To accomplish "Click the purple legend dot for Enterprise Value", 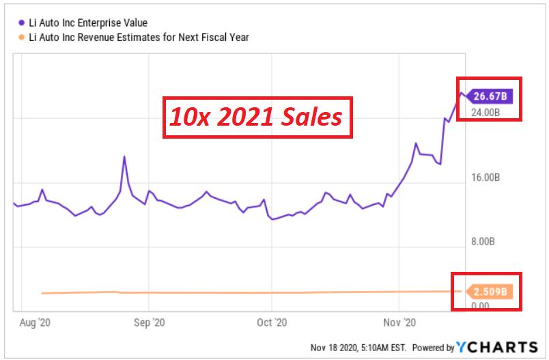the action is click(x=22, y=23).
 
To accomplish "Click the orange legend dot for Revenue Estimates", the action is click(x=22, y=37).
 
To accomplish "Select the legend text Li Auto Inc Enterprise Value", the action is click(x=88, y=23).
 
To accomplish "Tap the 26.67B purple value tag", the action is click(x=489, y=96).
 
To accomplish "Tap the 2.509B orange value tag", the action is click(x=489, y=292).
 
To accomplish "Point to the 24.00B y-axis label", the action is click(x=485, y=113).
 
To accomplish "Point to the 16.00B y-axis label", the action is click(x=485, y=177).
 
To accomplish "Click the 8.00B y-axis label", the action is click(x=483, y=241).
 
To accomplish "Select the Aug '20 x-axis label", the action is click(x=35, y=322).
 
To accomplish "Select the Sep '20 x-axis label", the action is click(x=149, y=322).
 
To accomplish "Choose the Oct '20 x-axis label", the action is click(x=272, y=322).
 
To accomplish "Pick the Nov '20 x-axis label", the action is click(x=399, y=322).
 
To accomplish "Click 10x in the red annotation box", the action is click(x=189, y=117).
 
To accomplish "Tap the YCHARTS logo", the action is click(x=497, y=347).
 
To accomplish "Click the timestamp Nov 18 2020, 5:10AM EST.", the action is click(x=358, y=348).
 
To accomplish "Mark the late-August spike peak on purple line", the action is click(x=124, y=156).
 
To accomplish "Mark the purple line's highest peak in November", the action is click(x=462, y=93).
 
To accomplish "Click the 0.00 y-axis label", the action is click(x=480, y=306).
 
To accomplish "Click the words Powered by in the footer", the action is click(x=433, y=348).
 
